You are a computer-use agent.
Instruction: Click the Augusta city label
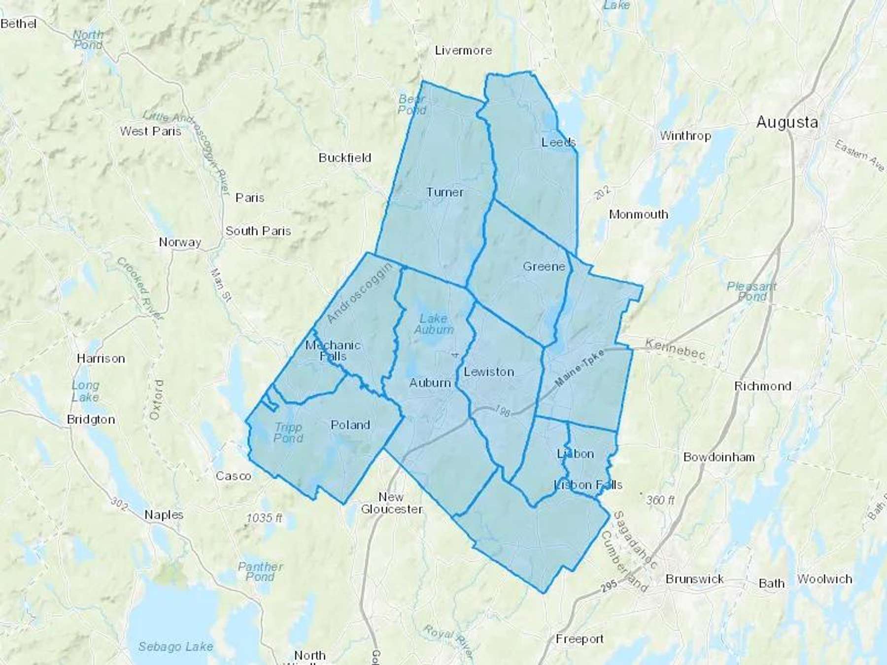point(787,122)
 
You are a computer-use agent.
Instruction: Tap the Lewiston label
point(489,372)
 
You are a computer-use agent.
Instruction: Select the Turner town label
point(444,192)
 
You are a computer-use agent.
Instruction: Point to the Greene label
point(544,266)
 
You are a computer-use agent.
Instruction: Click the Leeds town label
point(558,142)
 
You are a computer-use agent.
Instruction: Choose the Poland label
point(350,425)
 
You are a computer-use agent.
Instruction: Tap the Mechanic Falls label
point(333,351)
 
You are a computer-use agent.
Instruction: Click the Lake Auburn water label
point(434,324)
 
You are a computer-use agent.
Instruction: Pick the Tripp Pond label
point(288,432)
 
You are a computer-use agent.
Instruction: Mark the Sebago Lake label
point(175,646)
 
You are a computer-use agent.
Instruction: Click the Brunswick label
point(694,579)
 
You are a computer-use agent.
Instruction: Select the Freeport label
point(580,639)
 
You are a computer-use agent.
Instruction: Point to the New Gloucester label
point(392,503)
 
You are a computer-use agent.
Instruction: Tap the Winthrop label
point(685,135)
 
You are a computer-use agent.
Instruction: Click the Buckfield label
point(344,158)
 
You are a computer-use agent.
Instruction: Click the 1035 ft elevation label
point(265,518)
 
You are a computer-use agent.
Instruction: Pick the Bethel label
point(19,24)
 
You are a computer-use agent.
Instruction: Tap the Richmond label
point(762,386)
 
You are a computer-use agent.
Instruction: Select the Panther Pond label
point(260,571)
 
